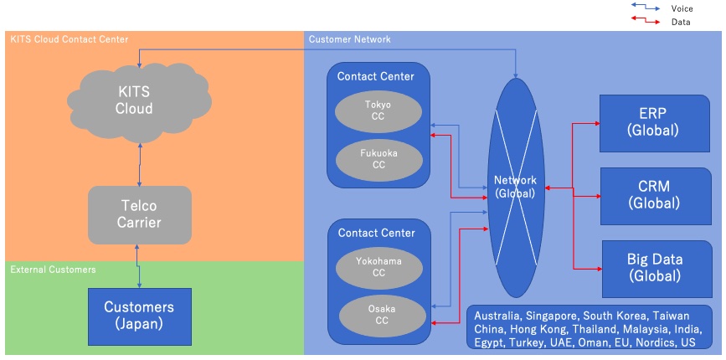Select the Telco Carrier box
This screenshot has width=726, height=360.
139,214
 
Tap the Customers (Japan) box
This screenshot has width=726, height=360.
139,316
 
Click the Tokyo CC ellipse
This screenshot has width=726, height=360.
378,111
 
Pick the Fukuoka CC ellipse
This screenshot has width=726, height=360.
378,159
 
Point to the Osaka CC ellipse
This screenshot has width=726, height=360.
378,315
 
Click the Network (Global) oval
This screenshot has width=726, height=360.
514,187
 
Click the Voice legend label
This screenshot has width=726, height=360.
682,8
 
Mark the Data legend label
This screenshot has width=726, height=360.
681,22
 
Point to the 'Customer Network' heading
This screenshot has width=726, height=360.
349,39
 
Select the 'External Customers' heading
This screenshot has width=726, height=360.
53,270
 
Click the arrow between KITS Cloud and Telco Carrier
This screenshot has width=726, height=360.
140,164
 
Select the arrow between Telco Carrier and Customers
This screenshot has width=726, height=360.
139,265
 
